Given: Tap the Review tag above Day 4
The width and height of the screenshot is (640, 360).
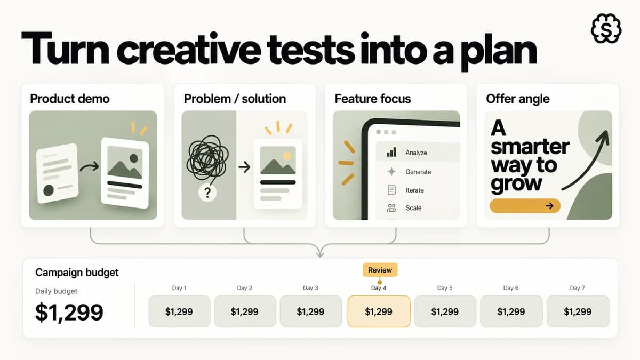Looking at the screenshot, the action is (x=380, y=270).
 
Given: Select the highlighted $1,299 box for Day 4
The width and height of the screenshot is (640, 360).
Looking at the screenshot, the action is (x=379, y=311).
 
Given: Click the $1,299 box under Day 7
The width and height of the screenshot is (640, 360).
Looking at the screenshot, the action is (x=578, y=311).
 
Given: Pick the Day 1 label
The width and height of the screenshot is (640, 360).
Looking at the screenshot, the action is (x=179, y=288).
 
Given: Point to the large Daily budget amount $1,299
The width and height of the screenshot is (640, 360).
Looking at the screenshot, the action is (x=69, y=313).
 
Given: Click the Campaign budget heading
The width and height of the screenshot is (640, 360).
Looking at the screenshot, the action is (x=77, y=273).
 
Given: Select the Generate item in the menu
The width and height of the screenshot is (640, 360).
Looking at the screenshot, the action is (x=418, y=172).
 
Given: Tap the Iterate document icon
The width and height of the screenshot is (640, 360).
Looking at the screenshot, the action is (x=391, y=190).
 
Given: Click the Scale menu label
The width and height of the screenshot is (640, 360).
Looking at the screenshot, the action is (x=413, y=208).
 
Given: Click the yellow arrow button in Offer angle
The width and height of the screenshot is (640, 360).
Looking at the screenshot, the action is (x=525, y=206).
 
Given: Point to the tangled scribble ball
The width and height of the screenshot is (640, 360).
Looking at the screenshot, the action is (x=207, y=157).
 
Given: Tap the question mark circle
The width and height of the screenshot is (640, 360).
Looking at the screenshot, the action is (x=207, y=193).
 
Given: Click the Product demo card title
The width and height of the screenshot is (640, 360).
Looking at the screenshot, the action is (x=70, y=99).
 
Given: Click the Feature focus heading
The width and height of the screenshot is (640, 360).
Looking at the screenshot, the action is (x=373, y=99).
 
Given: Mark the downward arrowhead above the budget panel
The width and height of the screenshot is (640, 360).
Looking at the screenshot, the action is (x=321, y=252).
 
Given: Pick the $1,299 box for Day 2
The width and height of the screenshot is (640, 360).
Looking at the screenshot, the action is (x=245, y=311).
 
